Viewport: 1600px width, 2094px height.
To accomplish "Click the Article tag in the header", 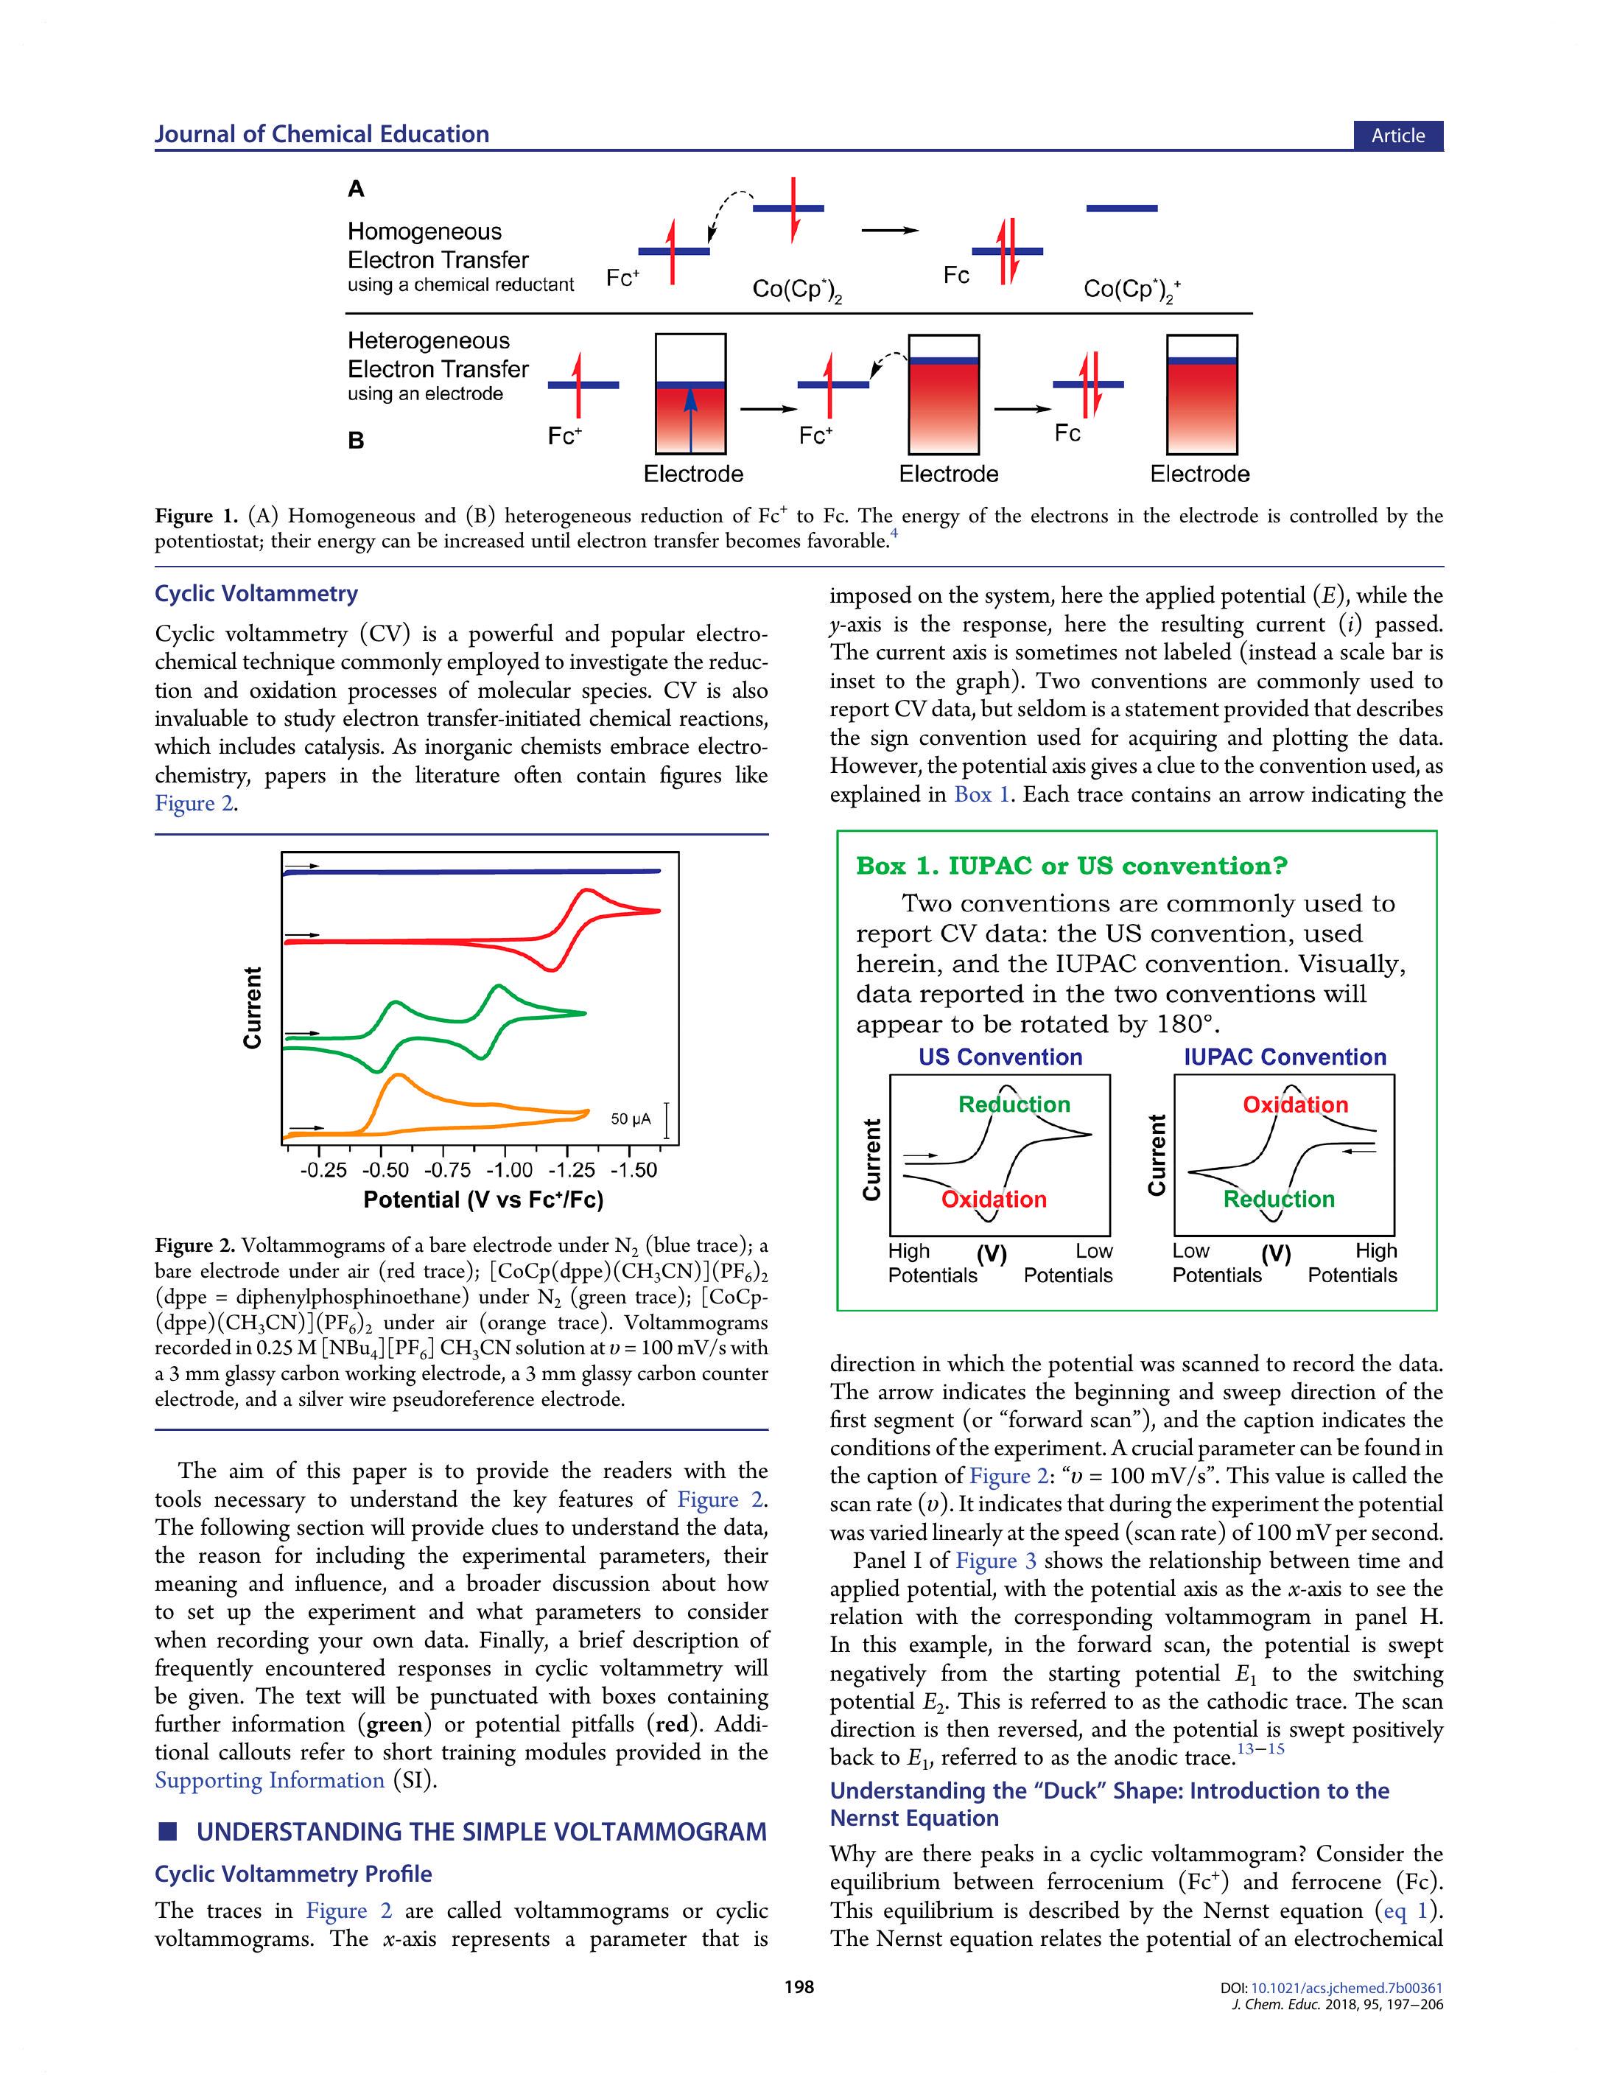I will (1397, 136).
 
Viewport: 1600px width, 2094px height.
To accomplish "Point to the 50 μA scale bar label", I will (631, 1118).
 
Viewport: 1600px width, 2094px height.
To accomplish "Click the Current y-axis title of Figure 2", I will (253, 1007).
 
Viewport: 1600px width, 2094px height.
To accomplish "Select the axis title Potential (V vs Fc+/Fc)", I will (483, 1200).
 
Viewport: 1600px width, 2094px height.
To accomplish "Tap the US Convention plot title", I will (1000, 1057).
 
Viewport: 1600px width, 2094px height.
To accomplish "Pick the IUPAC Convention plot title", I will (1285, 1057).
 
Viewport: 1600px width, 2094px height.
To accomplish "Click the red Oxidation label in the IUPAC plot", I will (1295, 1104).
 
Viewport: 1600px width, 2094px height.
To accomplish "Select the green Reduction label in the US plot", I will (1014, 1104).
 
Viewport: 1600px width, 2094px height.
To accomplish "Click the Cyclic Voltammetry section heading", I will (256, 594).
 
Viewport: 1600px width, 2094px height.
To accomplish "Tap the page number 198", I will (799, 1986).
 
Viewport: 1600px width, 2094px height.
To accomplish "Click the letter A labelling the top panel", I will (357, 189).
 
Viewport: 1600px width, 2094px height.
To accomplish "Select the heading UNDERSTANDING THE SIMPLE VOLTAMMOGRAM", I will (481, 1832).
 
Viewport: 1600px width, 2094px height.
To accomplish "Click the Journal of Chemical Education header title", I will (322, 134).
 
